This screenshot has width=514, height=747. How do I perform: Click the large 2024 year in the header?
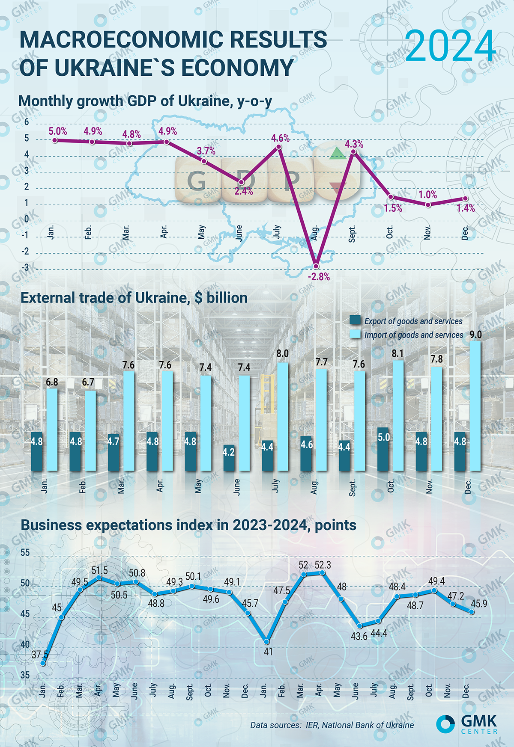450,46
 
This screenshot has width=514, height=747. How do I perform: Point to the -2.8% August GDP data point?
317,266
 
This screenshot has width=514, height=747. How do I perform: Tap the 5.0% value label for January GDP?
58,131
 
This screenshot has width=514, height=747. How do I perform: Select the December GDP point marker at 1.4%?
466,199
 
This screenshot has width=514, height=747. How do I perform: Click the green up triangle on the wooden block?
338,154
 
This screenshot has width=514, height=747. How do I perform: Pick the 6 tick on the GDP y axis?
27,122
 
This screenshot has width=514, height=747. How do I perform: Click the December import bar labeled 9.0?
475,406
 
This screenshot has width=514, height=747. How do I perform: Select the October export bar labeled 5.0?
383,449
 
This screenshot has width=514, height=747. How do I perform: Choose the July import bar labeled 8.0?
282,417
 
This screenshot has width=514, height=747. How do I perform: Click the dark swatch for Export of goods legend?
356,320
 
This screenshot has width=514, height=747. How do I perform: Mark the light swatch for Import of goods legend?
356,334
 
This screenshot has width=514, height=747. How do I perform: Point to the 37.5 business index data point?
43,663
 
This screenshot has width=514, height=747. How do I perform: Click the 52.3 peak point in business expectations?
323,573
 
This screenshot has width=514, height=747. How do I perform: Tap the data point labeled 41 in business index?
267,642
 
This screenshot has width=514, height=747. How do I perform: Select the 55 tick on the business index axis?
25,553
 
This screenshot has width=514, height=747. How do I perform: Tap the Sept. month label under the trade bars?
353,488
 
